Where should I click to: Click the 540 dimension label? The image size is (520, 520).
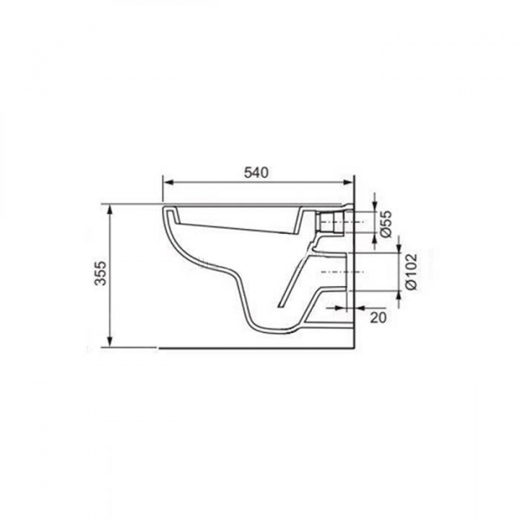point(256,172)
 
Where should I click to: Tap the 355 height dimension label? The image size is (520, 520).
point(101,273)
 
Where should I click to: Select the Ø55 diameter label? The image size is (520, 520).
point(386,224)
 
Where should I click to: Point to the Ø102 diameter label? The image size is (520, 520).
point(411,271)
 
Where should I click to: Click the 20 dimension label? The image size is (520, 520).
point(378,317)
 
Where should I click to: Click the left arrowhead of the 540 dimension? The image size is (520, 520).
point(169,182)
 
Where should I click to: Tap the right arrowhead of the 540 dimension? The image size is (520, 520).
point(348,182)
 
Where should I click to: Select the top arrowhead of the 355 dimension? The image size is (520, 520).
point(110,211)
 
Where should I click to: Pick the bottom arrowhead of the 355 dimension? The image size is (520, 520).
point(110,341)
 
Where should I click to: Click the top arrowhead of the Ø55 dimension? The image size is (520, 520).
point(374,206)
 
